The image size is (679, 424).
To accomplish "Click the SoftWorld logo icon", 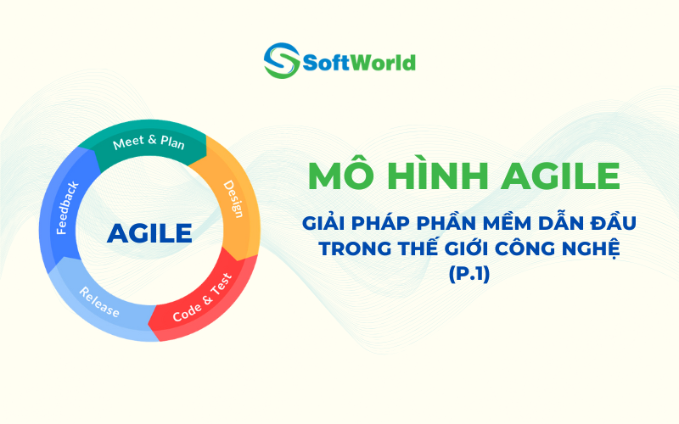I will (281, 62).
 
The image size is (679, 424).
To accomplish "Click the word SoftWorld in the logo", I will (359, 63).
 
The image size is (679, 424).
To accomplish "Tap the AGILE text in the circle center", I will (149, 232).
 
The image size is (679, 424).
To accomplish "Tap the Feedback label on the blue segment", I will (67, 207).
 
